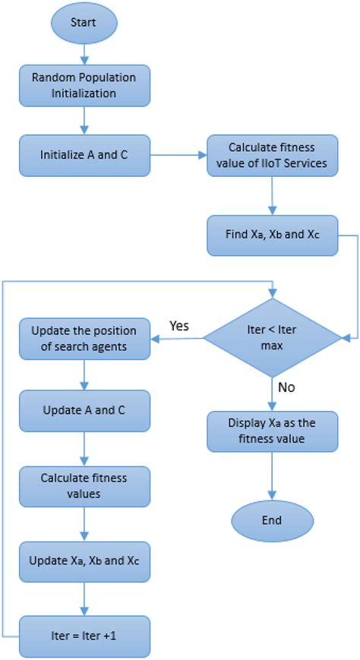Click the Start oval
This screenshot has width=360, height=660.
pos(84,24)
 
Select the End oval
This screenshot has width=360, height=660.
pos(271,520)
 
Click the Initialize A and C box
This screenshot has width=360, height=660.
pos(84,155)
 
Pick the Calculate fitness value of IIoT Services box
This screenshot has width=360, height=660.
pos(272,155)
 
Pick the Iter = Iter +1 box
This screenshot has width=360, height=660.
pos(84,634)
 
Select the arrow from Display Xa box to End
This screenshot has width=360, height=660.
pos(272,477)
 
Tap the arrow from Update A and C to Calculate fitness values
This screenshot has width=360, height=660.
pos(84,454)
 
